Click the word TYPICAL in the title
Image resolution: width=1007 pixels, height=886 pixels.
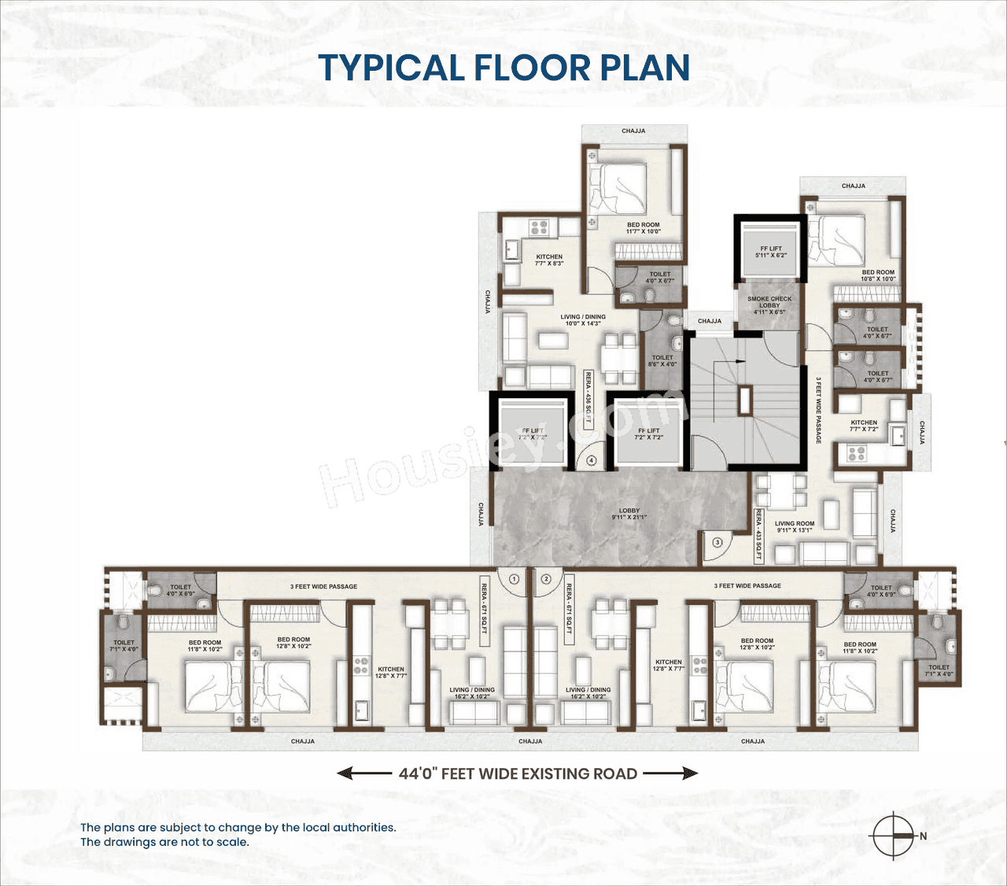pyautogui.click(x=391, y=68)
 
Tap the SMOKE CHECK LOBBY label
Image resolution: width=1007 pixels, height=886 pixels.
pyautogui.click(x=769, y=305)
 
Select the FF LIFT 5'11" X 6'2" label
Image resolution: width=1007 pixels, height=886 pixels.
pyautogui.click(x=770, y=252)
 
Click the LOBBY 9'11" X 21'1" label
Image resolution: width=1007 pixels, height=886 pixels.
pyautogui.click(x=629, y=514)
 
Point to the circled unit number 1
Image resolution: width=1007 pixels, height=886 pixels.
pyautogui.click(x=514, y=579)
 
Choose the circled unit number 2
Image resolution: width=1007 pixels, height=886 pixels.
pyautogui.click(x=547, y=579)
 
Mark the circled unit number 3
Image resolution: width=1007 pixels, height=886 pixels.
pyautogui.click(x=717, y=542)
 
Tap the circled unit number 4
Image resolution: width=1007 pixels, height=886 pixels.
pyautogui.click(x=591, y=461)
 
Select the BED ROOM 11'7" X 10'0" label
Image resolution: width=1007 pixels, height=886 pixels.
pyautogui.click(x=643, y=228)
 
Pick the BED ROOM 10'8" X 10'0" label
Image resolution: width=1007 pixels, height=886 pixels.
pyautogui.click(x=878, y=275)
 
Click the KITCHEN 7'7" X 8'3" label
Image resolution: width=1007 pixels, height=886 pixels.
pyautogui.click(x=549, y=260)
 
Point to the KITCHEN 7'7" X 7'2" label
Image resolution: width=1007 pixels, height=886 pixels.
pyautogui.click(x=864, y=426)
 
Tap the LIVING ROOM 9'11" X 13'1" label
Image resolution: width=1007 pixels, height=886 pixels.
pyautogui.click(x=795, y=526)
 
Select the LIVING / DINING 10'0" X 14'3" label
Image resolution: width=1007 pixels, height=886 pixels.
pyautogui.click(x=583, y=320)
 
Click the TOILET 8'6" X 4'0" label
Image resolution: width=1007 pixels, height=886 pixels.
pyautogui.click(x=662, y=360)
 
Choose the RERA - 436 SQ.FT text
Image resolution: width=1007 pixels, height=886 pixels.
pyautogui.click(x=588, y=399)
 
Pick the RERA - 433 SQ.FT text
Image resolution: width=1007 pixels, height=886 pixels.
pyautogui.click(x=758, y=534)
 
